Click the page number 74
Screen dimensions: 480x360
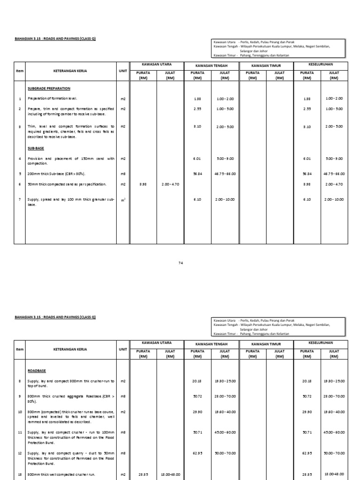(180, 263)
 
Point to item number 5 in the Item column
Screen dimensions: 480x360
(20, 173)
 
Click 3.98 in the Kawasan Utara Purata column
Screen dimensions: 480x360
(143, 184)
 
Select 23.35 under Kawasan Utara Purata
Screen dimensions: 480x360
(143, 474)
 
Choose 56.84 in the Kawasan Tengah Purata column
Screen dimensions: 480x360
(197, 173)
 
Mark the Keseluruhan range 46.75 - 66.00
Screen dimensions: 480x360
(333, 173)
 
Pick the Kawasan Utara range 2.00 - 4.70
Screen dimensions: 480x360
(169, 184)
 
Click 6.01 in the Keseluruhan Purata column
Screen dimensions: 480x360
(307, 158)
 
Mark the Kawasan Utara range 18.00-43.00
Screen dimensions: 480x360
(169, 474)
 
